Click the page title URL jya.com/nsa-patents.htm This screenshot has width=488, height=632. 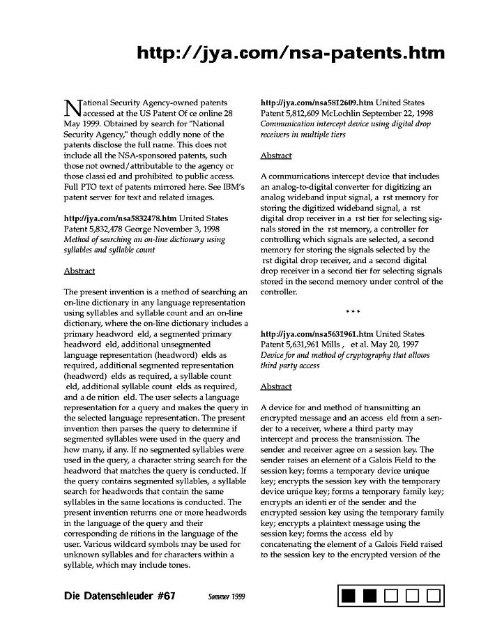(291, 53)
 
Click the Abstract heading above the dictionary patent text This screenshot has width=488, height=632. (79, 271)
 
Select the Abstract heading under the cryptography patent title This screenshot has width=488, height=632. (276, 386)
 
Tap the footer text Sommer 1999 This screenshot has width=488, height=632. (227, 597)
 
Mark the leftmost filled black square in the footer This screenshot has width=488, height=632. (349, 596)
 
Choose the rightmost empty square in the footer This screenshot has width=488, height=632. (433, 596)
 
